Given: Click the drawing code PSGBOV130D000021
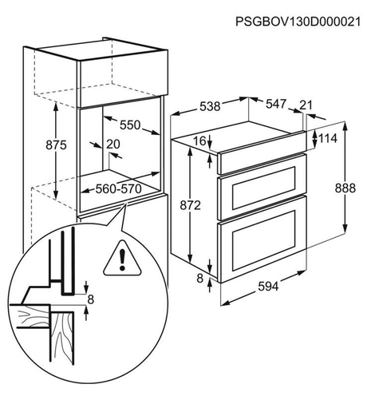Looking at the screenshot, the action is (x=298, y=22).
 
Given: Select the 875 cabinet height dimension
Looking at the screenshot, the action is (x=56, y=145).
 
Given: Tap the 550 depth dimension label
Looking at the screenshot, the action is (x=130, y=125).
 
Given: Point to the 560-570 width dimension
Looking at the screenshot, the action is (x=118, y=189).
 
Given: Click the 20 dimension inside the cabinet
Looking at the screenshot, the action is (x=113, y=144).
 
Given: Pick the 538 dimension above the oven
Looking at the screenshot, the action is (x=210, y=106).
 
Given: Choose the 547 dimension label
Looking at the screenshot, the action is (x=276, y=104).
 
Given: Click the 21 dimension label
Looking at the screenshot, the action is (x=306, y=105).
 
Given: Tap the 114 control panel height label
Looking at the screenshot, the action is (x=328, y=138).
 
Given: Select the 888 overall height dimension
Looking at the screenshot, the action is (x=345, y=188).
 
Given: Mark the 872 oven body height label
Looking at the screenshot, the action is (x=190, y=205).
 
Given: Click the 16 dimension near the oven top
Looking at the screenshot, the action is (x=199, y=141).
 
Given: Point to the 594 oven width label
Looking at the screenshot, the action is (x=268, y=287).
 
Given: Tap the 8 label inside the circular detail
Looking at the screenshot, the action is (x=91, y=299).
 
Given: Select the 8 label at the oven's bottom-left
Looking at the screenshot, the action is (x=200, y=279).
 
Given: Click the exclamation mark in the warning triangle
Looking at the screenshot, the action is (x=122, y=260).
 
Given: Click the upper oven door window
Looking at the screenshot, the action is (x=264, y=188).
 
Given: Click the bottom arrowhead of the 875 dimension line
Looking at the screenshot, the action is (x=56, y=196).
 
